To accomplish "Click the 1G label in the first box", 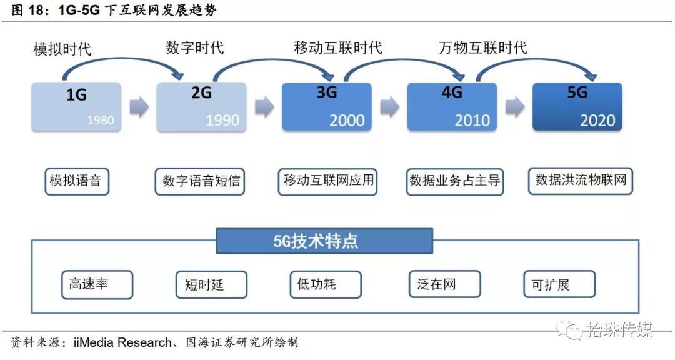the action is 76,95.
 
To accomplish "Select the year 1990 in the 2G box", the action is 222,119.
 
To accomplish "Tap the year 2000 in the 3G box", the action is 347,119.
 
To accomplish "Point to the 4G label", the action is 452,92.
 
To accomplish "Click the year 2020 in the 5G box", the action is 597,119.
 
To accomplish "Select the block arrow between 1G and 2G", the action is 139,107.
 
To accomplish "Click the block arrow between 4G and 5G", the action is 515,107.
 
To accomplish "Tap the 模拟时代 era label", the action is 62,49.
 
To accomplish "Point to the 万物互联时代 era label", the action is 482,47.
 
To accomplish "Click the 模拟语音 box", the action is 76,181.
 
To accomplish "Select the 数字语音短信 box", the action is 201,182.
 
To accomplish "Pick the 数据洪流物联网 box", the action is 581,181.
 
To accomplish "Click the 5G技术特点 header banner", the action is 324,241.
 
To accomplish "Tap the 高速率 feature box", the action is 97,284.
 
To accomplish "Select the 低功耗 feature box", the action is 326,284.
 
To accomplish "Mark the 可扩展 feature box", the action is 559,284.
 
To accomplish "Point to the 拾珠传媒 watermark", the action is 619,329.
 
